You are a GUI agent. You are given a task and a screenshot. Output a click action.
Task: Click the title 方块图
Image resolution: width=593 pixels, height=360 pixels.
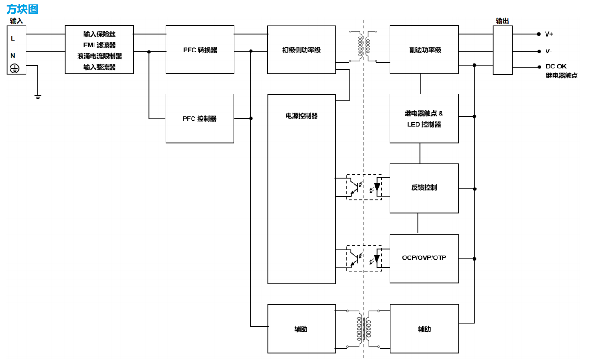(x=22, y=9)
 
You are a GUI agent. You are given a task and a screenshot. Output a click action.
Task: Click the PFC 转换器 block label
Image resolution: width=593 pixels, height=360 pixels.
(x=200, y=50)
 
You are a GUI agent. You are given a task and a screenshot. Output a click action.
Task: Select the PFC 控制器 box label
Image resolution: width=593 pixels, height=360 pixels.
(x=199, y=119)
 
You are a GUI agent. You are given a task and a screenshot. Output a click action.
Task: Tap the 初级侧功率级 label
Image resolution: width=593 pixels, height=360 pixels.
(x=301, y=50)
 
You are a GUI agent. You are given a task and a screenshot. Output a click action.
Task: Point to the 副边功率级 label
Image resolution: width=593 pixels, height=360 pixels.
(x=425, y=50)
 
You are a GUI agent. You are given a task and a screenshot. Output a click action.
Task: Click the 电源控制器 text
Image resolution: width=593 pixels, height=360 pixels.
(x=302, y=116)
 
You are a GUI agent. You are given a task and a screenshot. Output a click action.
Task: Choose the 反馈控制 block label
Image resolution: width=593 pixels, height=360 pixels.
(x=424, y=188)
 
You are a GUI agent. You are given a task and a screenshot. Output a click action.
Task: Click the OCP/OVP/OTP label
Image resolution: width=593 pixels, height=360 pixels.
(x=424, y=258)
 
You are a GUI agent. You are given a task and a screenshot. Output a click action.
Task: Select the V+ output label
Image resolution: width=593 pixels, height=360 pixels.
(x=549, y=34)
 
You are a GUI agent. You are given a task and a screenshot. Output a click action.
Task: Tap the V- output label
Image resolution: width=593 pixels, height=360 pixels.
(x=548, y=52)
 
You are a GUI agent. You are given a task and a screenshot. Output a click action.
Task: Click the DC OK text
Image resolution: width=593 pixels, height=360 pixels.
(x=556, y=67)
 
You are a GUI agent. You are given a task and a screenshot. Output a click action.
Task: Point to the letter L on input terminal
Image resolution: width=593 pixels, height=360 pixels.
(x=13, y=38)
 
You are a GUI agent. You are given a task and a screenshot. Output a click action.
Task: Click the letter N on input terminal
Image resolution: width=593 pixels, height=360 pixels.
(x=13, y=56)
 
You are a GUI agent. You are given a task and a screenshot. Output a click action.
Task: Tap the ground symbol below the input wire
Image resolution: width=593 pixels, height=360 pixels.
(x=38, y=96)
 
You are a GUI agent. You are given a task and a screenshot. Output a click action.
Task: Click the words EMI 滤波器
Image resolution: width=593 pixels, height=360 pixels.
(x=99, y=45)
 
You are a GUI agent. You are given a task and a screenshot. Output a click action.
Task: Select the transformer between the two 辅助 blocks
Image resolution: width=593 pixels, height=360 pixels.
(x=364, y=329)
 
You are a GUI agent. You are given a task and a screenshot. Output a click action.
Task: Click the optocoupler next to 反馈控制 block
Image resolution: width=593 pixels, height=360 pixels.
(x=364, y=187)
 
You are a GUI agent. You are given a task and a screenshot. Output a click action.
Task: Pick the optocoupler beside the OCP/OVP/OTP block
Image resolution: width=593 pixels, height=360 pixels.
(x=364, y=258)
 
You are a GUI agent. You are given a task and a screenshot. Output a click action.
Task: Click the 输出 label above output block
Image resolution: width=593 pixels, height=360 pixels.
(x=502, y=21)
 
